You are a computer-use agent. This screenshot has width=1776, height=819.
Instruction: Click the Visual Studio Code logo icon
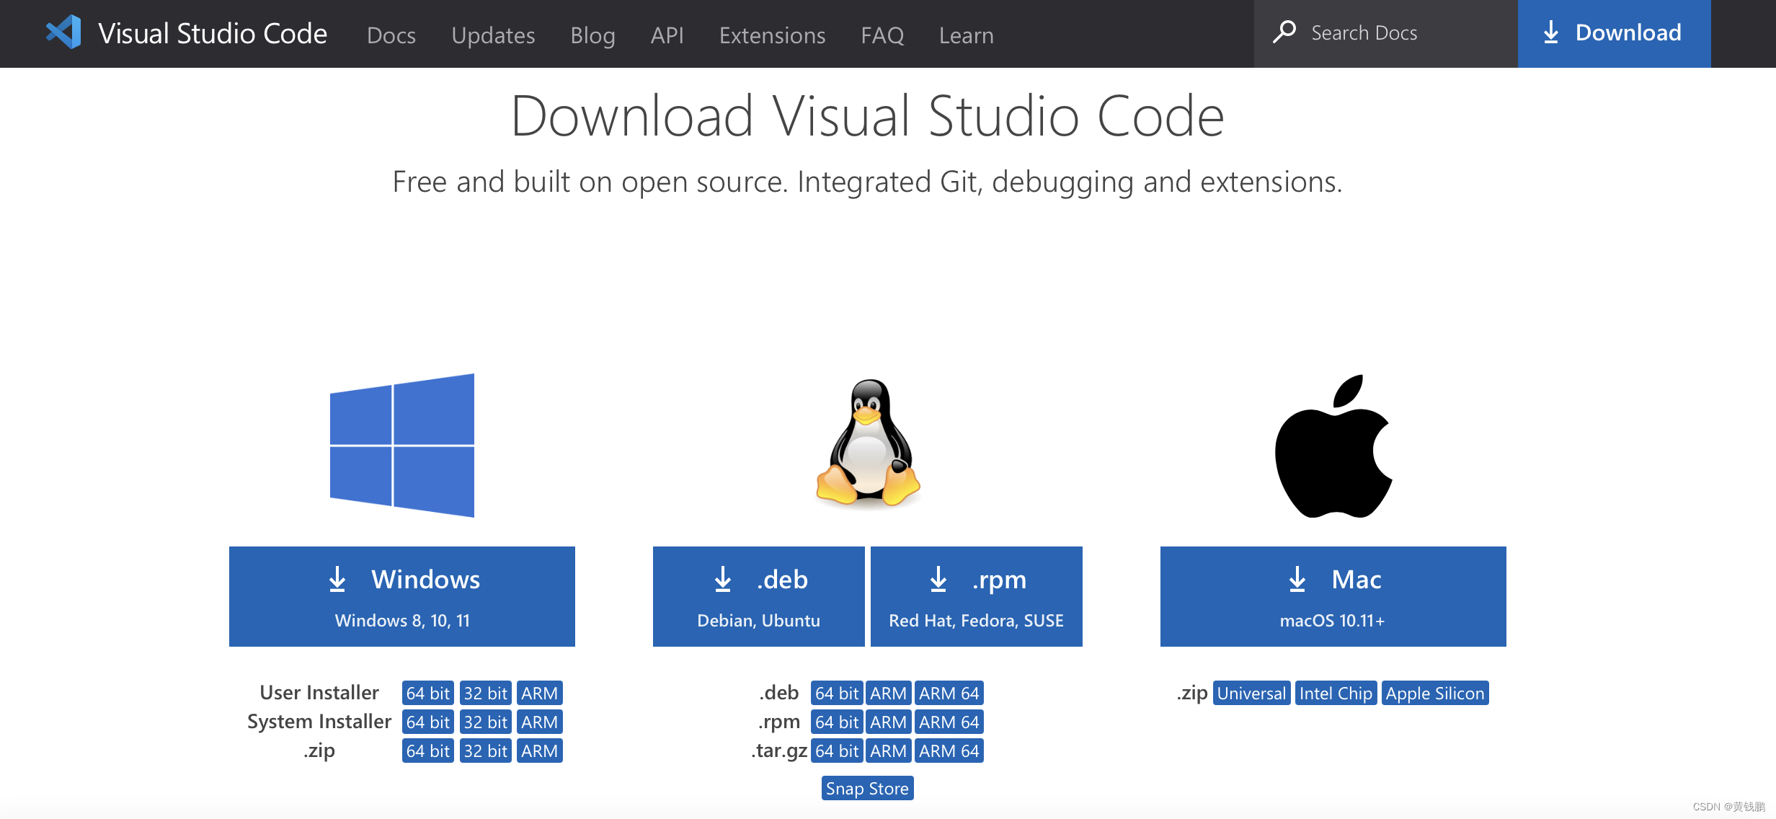click(x=63, y=32)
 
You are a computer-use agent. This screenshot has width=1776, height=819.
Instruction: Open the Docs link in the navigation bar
click(x=391, y=35)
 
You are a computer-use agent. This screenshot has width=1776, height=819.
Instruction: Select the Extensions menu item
click(x=772, y=35)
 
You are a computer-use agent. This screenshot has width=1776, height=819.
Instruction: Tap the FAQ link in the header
click(x=882, y=35)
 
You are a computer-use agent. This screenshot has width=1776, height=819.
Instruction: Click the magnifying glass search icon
click(x=1284, y=32)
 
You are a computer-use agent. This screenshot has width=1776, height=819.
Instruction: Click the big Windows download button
click(x=401, y=596)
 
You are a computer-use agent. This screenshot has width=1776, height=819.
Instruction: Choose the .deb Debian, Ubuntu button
click(x=758, y=596)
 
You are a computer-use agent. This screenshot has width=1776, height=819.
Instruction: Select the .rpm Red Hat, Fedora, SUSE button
click(x=976, y=596)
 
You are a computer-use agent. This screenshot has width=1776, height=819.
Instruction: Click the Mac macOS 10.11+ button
click(x=1333, y=596)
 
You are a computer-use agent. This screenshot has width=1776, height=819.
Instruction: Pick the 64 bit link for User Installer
click(x=427, y=693)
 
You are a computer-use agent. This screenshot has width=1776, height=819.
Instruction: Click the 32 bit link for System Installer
click(x=485, y=722)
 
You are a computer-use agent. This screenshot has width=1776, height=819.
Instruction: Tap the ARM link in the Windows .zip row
click(x=539, y=751)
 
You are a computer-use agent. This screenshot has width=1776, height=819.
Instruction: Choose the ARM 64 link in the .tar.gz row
click(x=949, y=751)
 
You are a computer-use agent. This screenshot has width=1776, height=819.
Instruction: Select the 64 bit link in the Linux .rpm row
click(x=836, y=722)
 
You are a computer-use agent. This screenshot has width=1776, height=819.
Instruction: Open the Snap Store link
click(x=867, y=788)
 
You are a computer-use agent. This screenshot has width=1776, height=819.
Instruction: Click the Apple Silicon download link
click(x=1434, y=693)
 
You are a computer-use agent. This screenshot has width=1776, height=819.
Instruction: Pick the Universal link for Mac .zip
click(x=1251, y=693)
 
